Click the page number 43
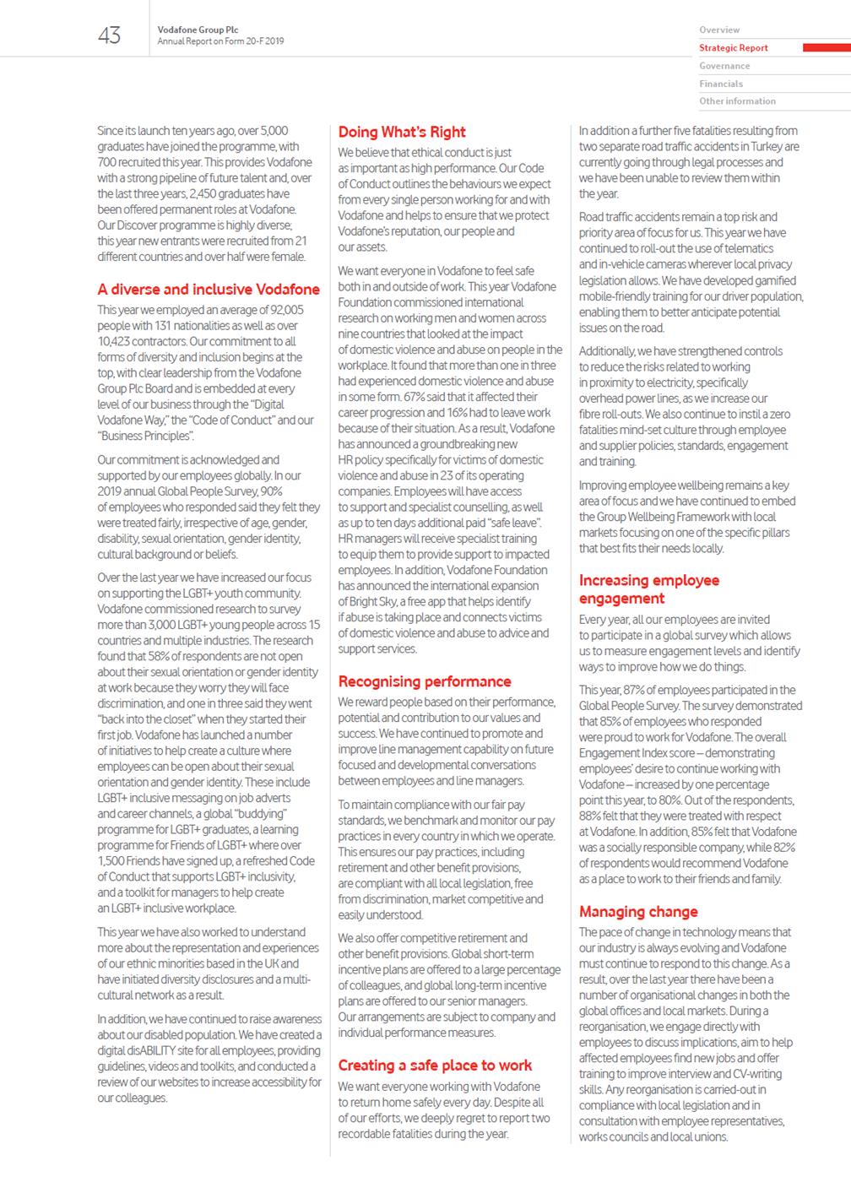pos(110,35)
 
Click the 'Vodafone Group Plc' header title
pos(198,30)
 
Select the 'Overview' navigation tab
pos(719,30)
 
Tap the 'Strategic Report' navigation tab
pos(734,48)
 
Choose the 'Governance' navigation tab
pos(724,66)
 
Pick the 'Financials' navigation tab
pos(721,84)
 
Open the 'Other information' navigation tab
pos(737,101)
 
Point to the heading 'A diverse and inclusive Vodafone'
pos(209,289)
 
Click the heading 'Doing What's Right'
pos(402,132)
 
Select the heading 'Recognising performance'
pos(425,681)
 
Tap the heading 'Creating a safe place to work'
pos(435,1066)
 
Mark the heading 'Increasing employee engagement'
pos(649,589)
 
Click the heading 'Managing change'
pos(638,912)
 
